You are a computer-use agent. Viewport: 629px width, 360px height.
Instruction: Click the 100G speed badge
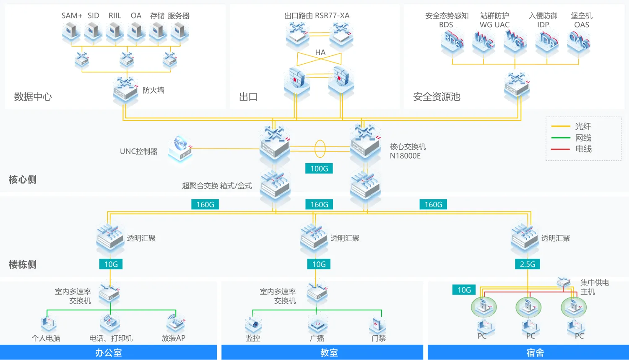(319, 169)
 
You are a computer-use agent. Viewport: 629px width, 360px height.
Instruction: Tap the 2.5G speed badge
(528, 264)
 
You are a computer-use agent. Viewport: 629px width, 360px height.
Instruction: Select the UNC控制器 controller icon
(180, 149)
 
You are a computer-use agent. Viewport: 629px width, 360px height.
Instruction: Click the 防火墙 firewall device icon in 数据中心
(125, 89)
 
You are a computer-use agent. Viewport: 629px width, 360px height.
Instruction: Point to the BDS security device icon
(452, 42)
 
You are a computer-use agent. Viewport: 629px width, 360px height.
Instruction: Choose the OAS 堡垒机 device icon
(578, 42)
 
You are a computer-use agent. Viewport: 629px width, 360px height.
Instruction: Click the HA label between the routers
(320, 52)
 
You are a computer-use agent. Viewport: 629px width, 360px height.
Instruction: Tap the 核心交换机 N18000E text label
(408, 151)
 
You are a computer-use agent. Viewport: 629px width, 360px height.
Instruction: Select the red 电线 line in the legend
(560, 149)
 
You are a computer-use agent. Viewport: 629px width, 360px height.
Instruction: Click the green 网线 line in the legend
(561, 138)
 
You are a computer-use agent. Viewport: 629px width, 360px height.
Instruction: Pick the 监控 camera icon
(254, 324)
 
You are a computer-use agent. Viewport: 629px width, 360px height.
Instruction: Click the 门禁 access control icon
(377, 325)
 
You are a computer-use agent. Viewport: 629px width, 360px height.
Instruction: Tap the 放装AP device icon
(176, 323)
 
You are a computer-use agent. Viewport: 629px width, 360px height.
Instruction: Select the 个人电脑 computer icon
(49, 324)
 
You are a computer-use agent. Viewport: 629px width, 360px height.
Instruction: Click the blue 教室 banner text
(329, 353)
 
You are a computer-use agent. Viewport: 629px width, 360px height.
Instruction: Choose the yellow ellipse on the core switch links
(320, 149)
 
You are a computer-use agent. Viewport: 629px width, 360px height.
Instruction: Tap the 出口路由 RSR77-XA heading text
(317, 16)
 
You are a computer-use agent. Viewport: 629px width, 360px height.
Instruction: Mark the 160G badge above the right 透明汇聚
(433, 205)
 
